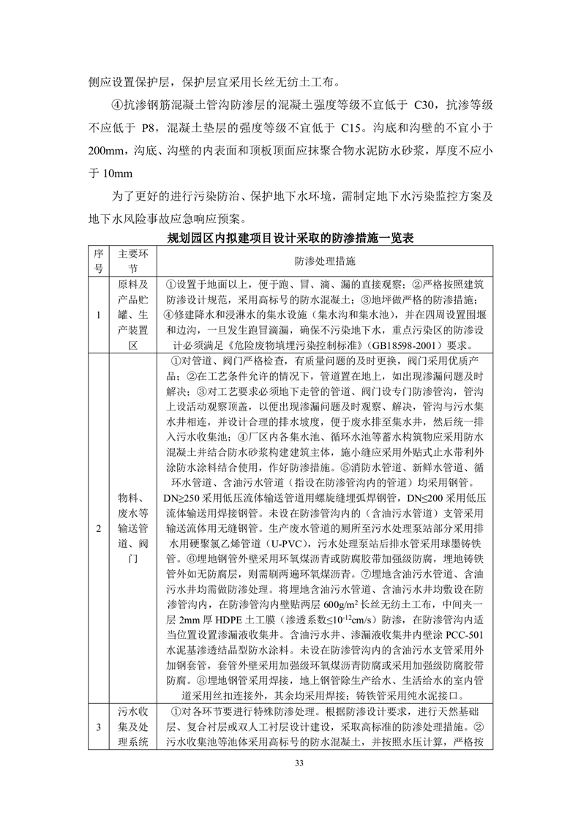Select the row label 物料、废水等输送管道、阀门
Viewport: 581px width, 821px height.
[133, 527]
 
